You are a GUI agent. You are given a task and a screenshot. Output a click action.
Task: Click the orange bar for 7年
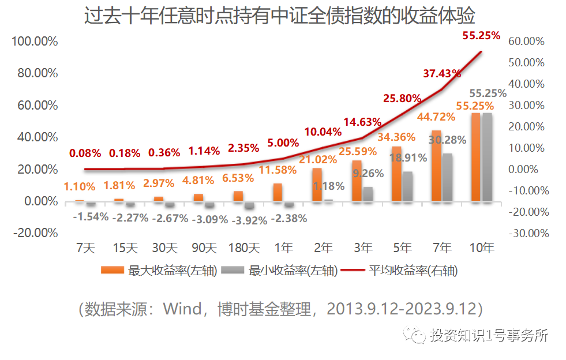point(436,166)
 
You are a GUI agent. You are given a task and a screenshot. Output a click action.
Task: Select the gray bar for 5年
point(408,186)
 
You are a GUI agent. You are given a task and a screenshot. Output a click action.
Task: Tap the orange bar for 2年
point(317,185)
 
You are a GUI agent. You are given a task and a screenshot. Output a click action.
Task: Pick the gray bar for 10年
point(487,157)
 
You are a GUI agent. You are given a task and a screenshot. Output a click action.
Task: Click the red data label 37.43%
point(442,73)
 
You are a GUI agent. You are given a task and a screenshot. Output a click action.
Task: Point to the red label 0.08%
point(85,153)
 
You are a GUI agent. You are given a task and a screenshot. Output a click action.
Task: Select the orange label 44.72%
point(436,118)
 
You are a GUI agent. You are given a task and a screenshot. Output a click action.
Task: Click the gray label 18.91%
point(407,157)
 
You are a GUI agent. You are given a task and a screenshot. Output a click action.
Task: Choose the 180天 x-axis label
point(245,249)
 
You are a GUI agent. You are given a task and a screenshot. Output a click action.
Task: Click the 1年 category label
point(283,249)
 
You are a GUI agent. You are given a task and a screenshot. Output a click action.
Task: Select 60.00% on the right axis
point(526,42)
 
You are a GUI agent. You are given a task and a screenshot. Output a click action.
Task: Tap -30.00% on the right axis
point(526,233)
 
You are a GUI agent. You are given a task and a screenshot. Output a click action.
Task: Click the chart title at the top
point(283,16)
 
